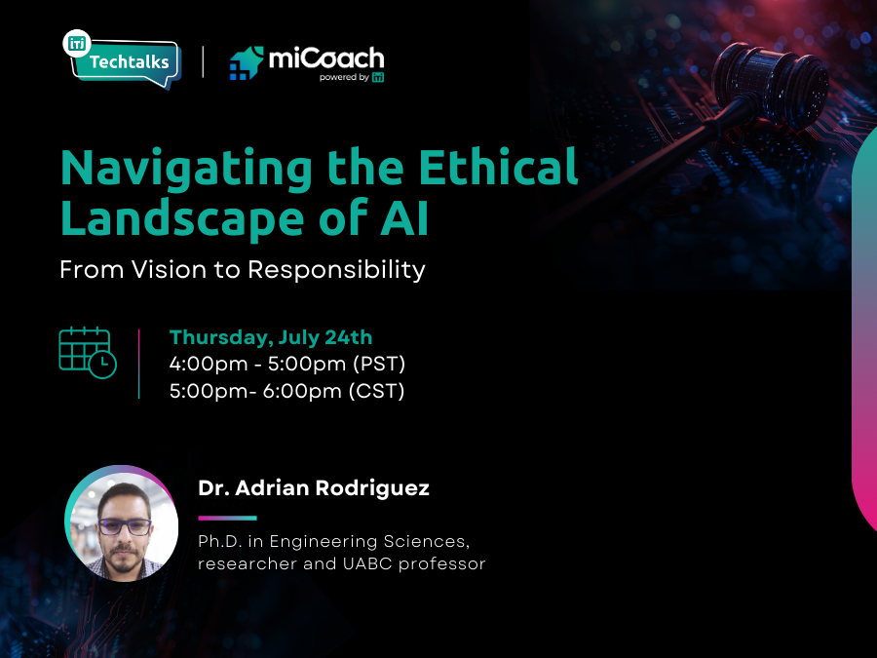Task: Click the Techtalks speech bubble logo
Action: tap(121, 60)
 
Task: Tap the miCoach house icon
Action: tap(247, 62)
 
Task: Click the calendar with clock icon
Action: tap(87, 353)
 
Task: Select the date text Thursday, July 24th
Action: tap(271, 337)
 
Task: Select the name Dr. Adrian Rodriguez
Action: tap(313, 488)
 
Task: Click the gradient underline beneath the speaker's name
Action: tap(227, 518)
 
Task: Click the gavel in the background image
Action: tap(770, 83)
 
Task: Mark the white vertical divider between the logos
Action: tap(203, 61)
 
